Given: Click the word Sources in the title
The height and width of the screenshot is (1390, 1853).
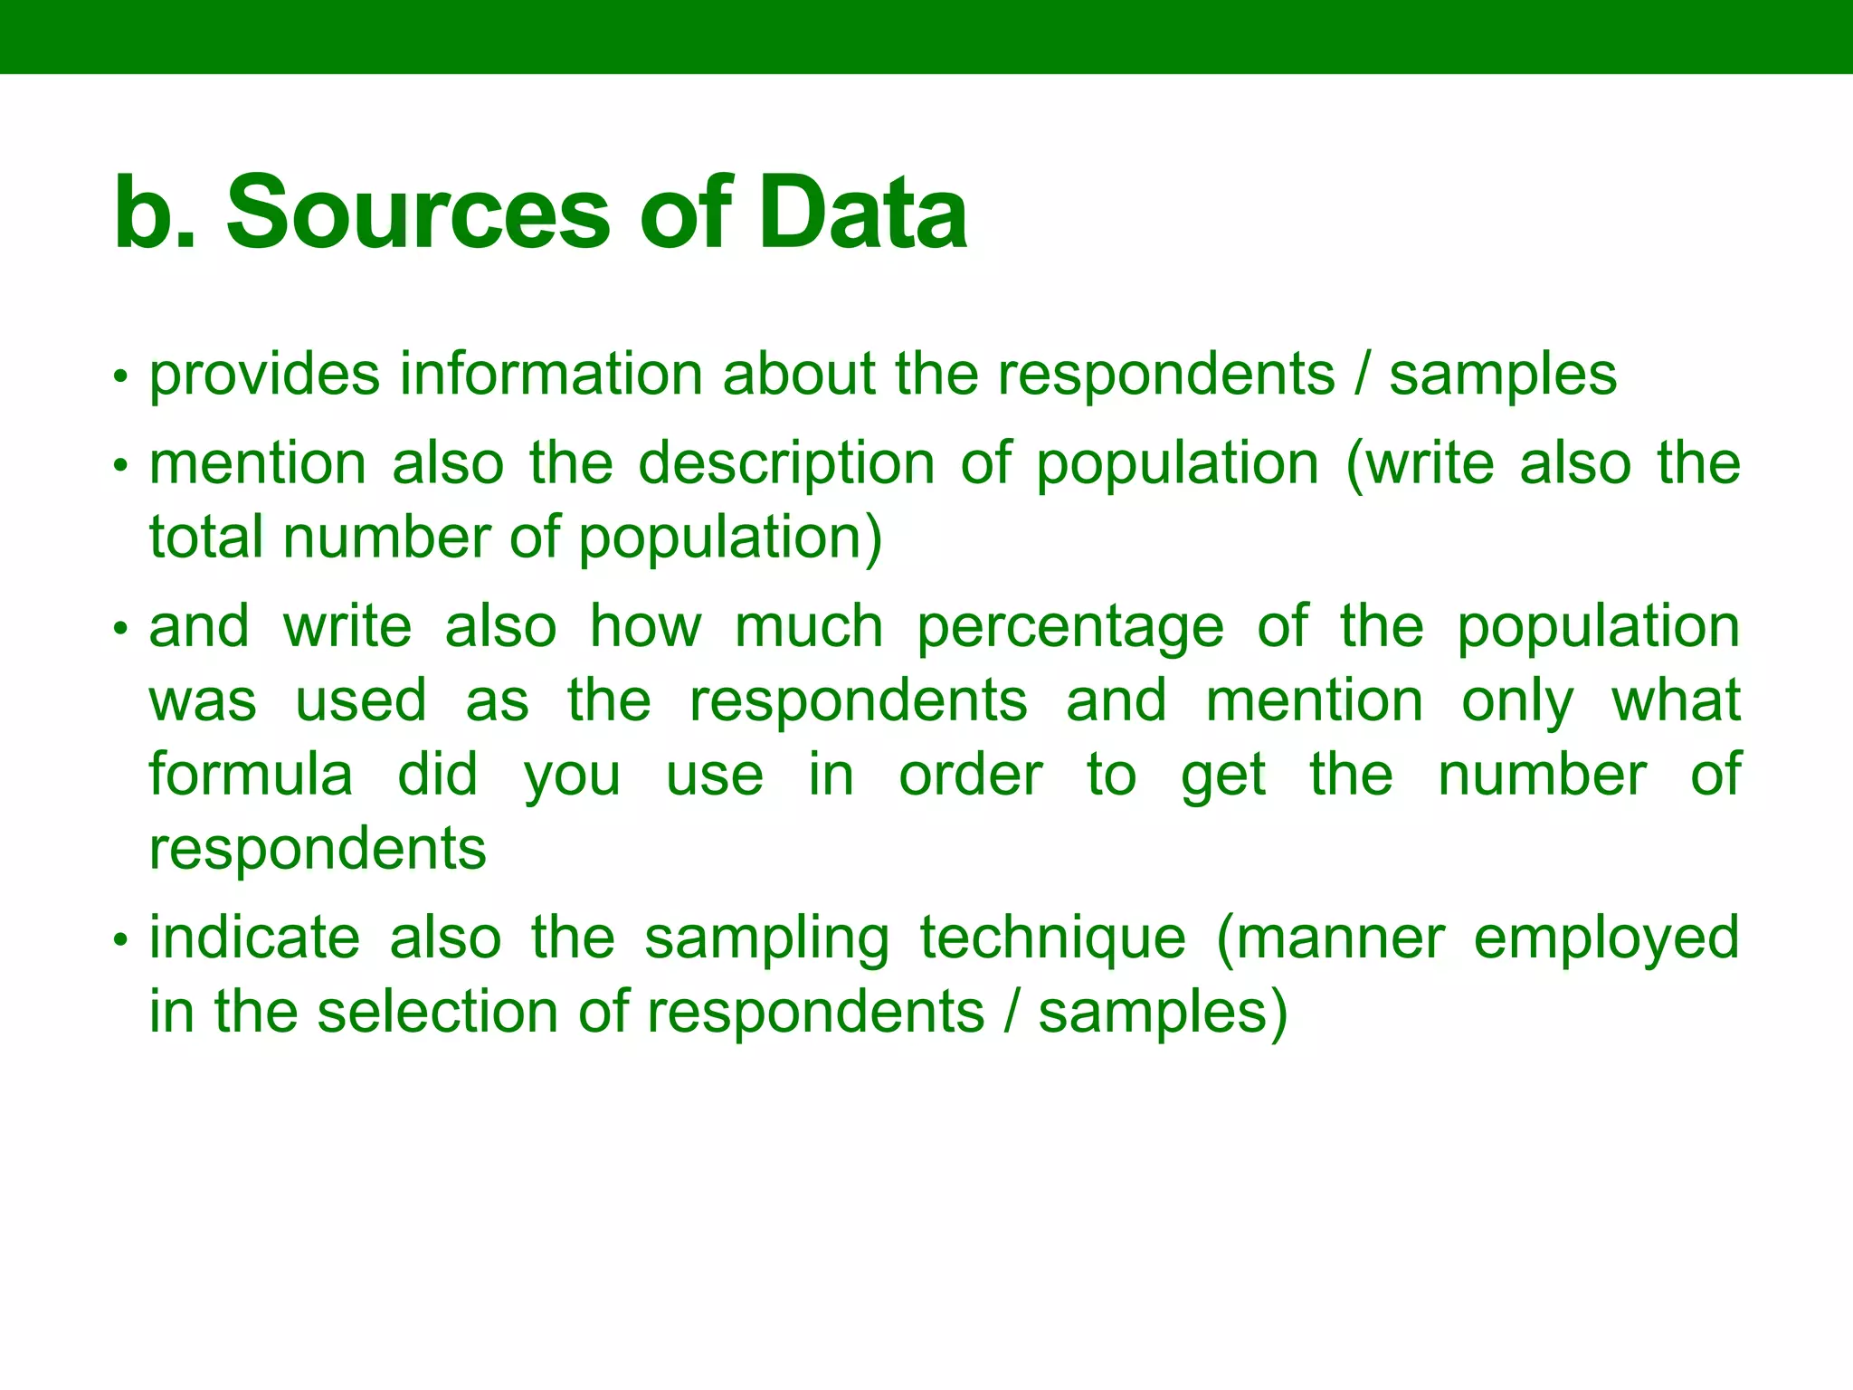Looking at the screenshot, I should click(x=418, y=214).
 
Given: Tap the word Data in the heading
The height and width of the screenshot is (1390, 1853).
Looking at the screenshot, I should click(x=863, y=214).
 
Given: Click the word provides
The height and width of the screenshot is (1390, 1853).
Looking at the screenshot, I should click(x=264, y=376).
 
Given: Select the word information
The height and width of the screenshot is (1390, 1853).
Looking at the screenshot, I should click(x=551, y=374).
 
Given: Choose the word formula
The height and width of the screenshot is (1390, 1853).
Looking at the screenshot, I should click(x=251, y=775).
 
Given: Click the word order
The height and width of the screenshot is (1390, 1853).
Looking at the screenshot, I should click(x=971, y=776).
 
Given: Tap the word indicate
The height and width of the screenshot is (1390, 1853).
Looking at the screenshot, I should click(x=254, y=938).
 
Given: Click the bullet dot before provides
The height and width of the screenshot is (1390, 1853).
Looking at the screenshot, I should click(x=119, y=376).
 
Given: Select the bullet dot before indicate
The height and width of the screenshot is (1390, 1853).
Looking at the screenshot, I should click(x=119, y=940).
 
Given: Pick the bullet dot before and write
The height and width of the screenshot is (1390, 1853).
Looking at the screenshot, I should click(x=119, y=629).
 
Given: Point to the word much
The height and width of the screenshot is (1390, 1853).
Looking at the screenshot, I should click(x=809, y=627).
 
